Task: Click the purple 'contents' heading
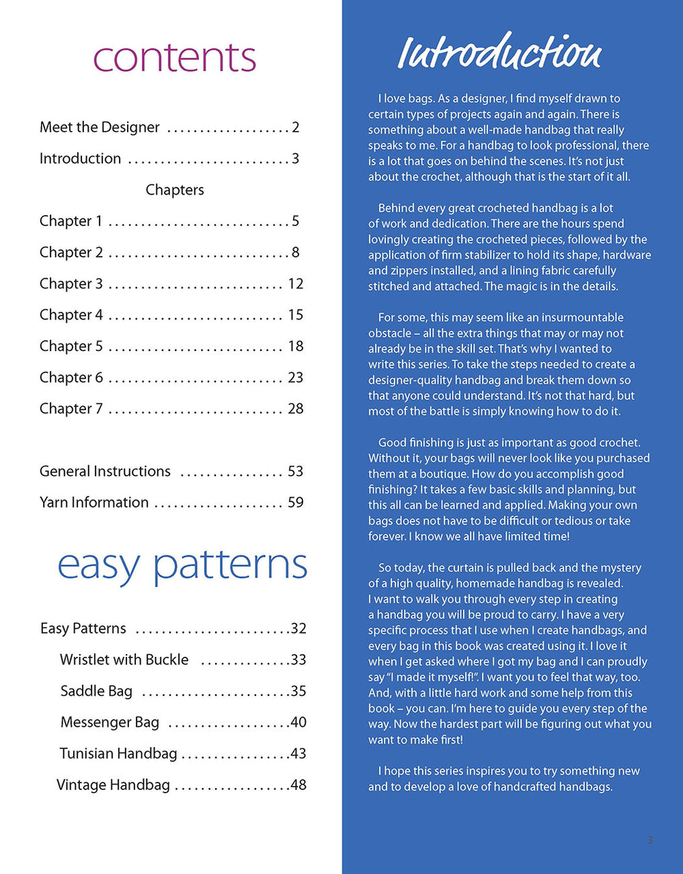coord(174,58)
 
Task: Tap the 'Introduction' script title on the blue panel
coord(499,53)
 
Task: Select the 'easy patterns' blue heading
coord(182,565)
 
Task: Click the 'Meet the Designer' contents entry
coord(100,127)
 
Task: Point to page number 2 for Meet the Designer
coord(295,127)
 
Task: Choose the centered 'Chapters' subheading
coord(175,190)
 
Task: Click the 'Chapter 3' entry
coord(71,283)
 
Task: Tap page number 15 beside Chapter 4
coord(295,315)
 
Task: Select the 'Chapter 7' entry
coord(71,408)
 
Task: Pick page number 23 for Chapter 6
coord(295,378)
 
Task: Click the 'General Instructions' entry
coord(105,471)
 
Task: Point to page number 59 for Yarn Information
coord(295,503)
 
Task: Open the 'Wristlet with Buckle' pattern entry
coord(124,660)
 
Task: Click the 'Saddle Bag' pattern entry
coord(96,691)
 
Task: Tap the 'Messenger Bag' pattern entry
coord(110,722)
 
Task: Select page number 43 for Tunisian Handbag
coord(298,754)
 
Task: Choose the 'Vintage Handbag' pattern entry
coord(113,785)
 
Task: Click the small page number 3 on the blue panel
coord(650,840)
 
